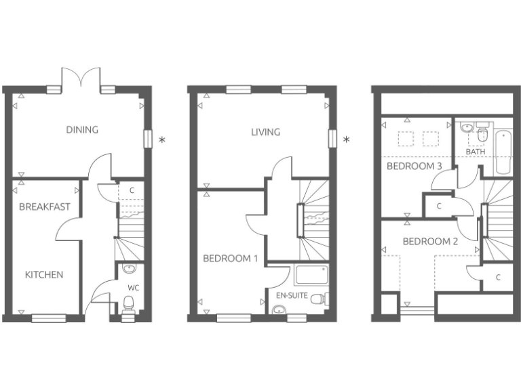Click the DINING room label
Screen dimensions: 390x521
point(82,130)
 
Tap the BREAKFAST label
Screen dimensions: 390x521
point(45,207)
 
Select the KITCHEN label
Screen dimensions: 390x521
point(44,275)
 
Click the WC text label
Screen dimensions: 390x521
point(134,288)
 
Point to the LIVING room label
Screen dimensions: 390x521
point(265,132)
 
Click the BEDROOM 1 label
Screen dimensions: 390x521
point(230,258)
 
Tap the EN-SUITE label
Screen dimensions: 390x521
point(290,296)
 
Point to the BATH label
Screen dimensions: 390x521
point(475,152)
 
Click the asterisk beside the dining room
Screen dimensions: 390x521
point(161,140)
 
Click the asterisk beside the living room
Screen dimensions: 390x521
point(347,140)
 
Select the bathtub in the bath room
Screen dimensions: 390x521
point(503,153)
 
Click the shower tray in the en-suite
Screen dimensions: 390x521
point(311,275)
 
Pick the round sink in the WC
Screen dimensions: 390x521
point(129,269)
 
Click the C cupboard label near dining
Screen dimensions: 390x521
point(132,191)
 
